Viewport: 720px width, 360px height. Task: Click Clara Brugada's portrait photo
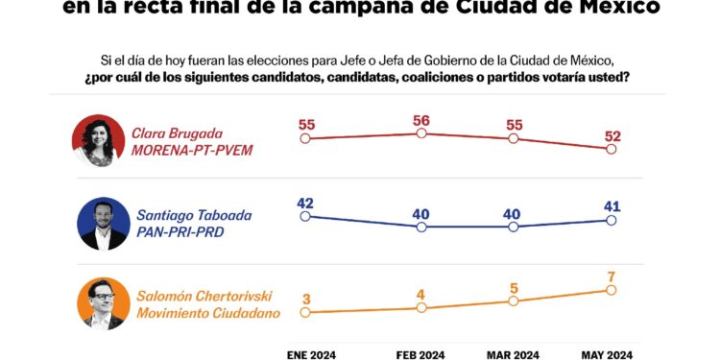(98, 141)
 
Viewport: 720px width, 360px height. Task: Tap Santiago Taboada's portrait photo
(103, 224)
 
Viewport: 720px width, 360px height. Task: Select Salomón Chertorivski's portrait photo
(103, 303)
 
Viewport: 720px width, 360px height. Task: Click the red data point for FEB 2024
(420, 133)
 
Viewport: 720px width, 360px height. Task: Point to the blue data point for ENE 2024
(305, 216)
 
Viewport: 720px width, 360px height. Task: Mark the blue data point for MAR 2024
(514, 227)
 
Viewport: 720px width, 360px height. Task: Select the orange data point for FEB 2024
(420, 307)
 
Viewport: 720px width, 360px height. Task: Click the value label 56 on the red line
(420, 120)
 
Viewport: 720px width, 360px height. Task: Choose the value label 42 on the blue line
(305, 203)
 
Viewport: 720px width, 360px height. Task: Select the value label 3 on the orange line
(305, 298)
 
